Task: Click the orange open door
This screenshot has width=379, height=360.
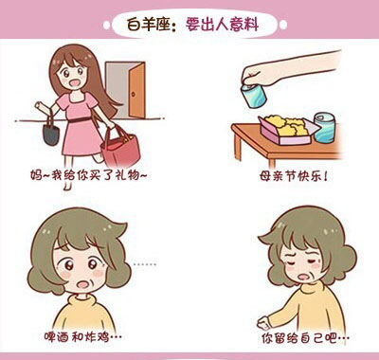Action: [137, 90]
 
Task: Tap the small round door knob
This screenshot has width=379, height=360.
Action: [134, 94]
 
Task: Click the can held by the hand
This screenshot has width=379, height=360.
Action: [253, 96]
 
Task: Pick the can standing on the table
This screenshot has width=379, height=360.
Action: [324, 128]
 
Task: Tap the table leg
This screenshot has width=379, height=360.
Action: [238, 146]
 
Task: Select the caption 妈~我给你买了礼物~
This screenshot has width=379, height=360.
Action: [89, 175]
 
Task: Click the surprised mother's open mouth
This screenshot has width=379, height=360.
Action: [83, 284]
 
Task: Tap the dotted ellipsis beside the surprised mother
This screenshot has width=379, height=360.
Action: [144, 264]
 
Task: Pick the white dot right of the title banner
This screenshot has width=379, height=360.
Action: [283, 25]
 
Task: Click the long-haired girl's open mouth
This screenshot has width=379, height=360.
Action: [75, 83]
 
